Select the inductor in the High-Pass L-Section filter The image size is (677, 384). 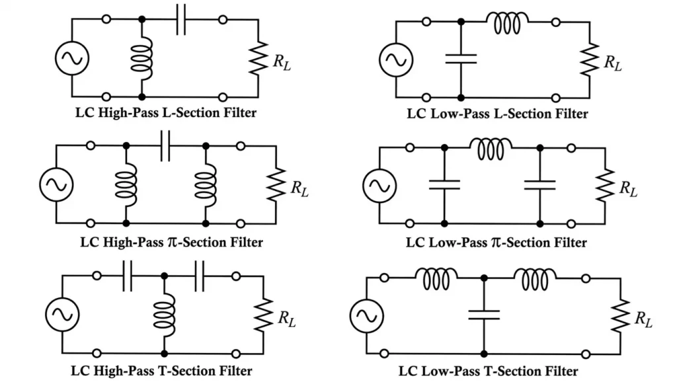142,58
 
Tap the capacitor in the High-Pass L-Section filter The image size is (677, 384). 180,21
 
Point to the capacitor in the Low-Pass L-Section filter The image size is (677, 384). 461,58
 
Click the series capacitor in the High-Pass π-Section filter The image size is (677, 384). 166,145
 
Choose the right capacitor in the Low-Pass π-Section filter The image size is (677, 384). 540,184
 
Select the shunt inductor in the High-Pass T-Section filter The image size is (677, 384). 163,313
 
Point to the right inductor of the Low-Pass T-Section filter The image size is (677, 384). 535,278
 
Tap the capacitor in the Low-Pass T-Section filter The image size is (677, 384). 484,315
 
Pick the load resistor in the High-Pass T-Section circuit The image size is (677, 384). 264,315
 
